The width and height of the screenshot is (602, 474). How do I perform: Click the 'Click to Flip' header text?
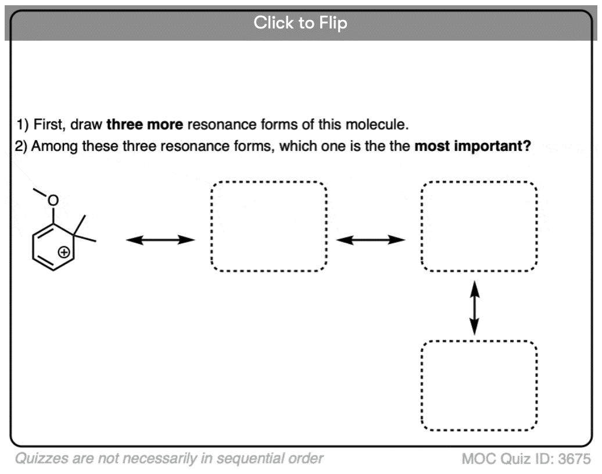[300, 23]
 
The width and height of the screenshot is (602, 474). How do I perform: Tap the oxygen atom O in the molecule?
[53, 200]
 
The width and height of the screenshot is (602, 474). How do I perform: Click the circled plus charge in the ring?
[65, 253]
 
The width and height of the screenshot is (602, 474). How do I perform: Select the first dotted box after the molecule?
[268, 227]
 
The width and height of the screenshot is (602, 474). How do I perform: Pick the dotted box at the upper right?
[479, 227]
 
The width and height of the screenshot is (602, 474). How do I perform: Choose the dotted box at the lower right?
[479, 386]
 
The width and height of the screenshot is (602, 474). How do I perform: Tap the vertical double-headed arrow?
[475, 307]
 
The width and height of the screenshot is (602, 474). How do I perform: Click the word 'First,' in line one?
[48, 124]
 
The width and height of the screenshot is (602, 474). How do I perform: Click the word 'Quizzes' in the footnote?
[35, 459]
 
